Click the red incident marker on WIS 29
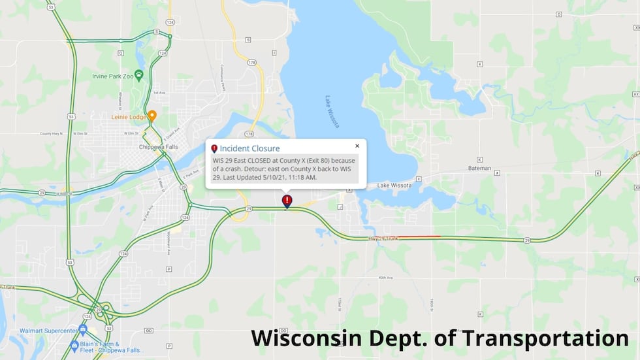click(x=287, y=201)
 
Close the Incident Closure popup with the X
click(x=357, y=146)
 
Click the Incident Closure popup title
click(x=249, y=148)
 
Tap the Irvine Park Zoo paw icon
click(x=138, y=74)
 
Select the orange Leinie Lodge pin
click(x=152, y=116)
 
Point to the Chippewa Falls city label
click(x=158, y=147)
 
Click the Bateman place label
click(x=479, y=168)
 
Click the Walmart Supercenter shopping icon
click(x=83, y=329)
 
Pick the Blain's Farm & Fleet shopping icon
click(x=74, y=344)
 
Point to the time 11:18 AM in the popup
click(x=302, y=176)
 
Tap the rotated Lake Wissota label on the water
click(x=333, y=111)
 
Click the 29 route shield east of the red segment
click(x=526, y=240)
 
